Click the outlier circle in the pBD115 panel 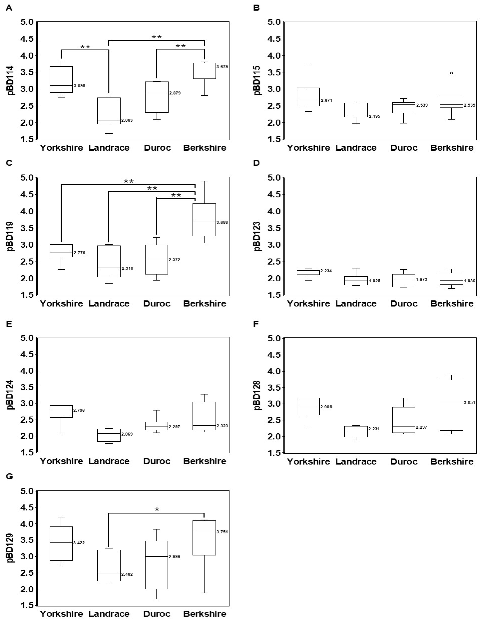451,73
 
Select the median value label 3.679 222,67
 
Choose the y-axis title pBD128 258,395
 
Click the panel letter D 256,163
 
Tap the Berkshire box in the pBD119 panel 204,220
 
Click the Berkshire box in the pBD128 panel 451,405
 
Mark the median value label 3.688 222,222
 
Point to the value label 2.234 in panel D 326,271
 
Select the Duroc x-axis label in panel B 404,148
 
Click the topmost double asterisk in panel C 128,181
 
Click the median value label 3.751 222,532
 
